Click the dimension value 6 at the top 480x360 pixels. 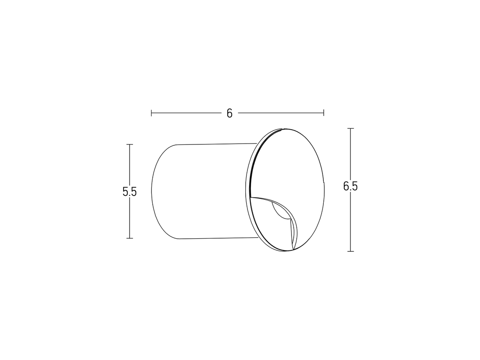pos(230,113)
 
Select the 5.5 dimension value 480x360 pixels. pos(130,192)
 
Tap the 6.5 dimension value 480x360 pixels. pos(350,186)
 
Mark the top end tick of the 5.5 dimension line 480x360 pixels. pos(130,144)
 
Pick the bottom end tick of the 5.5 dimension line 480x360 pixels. pos(130,238)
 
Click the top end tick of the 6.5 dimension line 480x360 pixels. pos(350,129)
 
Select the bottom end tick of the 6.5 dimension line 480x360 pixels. pos(350,251)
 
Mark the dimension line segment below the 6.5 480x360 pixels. pos(350,223)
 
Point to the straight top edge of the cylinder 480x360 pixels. pos(214,143)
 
